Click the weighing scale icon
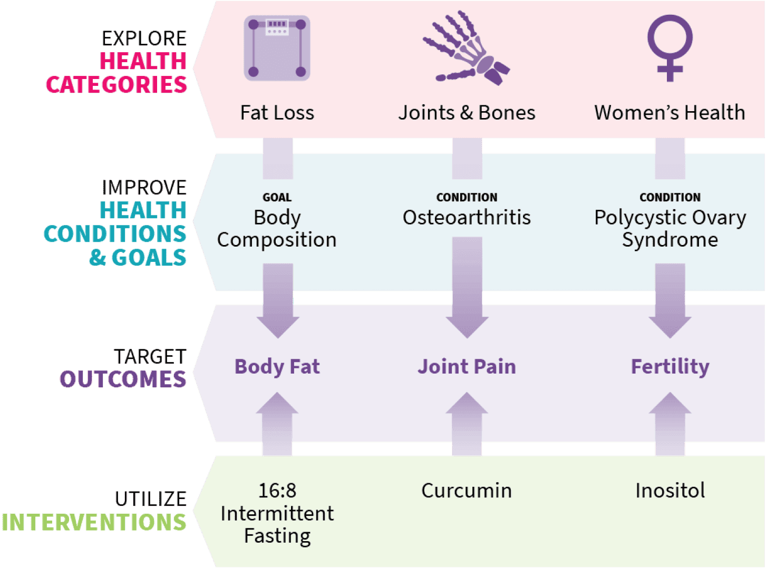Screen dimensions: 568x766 click(x=277, y=48)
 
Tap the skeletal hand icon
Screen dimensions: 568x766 click(x=466, y=48)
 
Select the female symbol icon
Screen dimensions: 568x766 click(x=670, y=48)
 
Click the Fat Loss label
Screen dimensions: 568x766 click(x=277, y=113)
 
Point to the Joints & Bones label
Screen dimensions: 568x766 click(x=467, y=113)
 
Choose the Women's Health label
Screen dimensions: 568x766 click(x=670, y=113)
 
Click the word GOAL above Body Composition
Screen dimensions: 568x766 click(x=277, y=198)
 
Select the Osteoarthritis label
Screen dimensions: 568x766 click(x=467, y=218)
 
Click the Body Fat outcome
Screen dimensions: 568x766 click(x=277, y=367)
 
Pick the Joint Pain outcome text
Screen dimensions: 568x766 click(x=467, y=367)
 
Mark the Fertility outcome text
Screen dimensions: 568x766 click(x=670, y=367)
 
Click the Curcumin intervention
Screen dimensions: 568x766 click(x=467, y=491)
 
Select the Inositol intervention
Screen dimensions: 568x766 click(x=670, y=491)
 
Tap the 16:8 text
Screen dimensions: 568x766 click(x=277, y=491)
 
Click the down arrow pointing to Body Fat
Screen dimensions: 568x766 click(x=278, y=303)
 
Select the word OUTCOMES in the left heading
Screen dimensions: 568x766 click(x=123, y=379)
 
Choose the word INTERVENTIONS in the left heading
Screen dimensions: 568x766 click(x=94, y=522)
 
